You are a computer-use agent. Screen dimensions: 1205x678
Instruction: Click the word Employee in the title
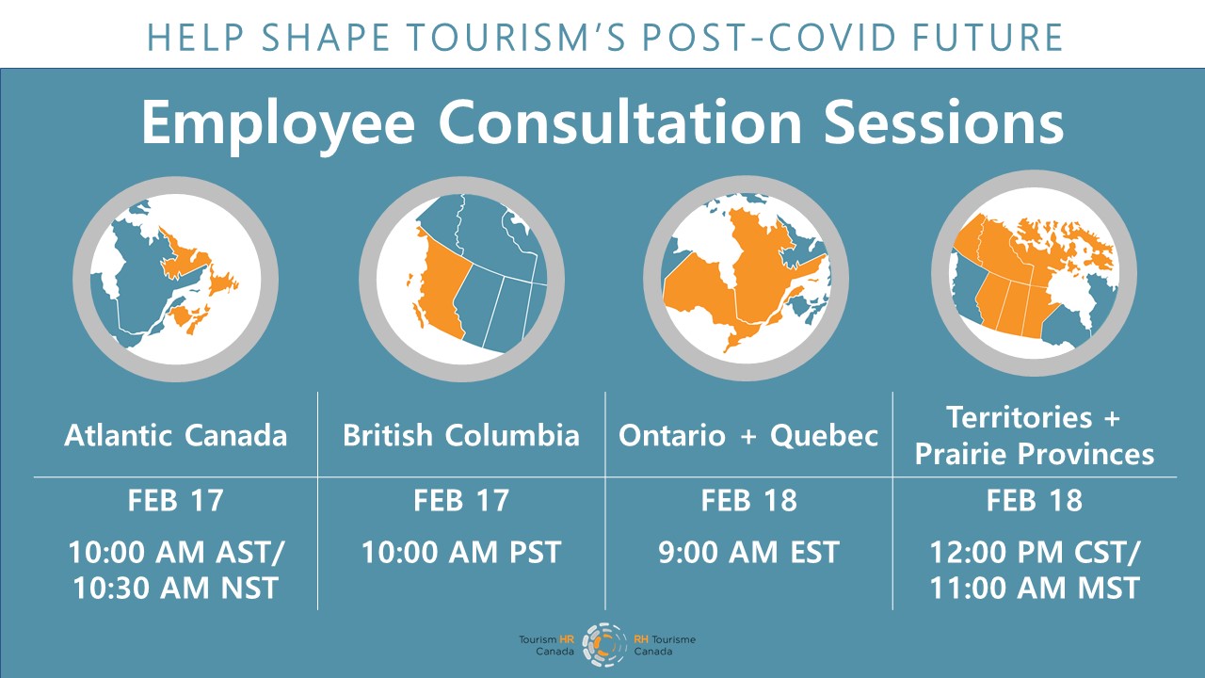278,124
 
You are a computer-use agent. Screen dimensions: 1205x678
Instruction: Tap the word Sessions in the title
943,122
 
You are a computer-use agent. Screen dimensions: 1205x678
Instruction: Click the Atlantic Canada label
176,435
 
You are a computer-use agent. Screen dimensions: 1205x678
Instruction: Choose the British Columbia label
461,435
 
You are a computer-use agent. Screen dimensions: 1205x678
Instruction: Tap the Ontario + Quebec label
748,436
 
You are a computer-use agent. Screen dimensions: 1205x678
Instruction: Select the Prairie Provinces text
1035,454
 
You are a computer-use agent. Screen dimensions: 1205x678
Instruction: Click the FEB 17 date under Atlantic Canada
176,500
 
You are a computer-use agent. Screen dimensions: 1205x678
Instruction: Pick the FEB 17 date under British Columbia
461,500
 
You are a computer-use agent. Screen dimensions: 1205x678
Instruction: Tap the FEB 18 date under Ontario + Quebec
748,500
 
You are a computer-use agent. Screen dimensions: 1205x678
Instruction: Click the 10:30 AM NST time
175,588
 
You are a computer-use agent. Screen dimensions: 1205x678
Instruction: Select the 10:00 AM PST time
461,552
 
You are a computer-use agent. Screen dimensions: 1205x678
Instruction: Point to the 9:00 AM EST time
748,552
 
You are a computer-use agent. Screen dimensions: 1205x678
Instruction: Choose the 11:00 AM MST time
1035,588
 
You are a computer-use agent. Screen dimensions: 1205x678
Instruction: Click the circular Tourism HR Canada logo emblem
604,645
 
